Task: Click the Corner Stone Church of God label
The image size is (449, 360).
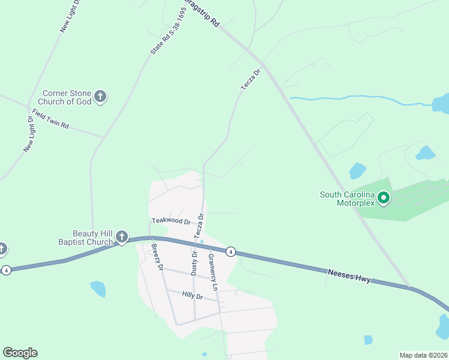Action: pyautogui.click(x=67, y=97)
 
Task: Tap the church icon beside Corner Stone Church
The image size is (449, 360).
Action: pyautogui.click(x=100, y=96)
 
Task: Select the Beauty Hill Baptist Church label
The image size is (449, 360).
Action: pyautogui.click(x=92, y=238)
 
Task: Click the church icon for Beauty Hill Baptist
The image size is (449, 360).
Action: pyautogui.click(x=122, y=237)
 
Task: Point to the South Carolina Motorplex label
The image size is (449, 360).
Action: pyautogui.click(x=348, y=199)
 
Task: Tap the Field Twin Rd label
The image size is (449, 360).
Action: pyautogui.click(x=51, y=119)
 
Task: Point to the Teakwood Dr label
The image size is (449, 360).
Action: pyautogui.click(x=171, y=221)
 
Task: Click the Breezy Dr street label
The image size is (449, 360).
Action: pyautogui.click(x=157, y=257)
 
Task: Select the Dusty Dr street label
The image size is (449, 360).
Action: pyautogui.click(x=194, y=263)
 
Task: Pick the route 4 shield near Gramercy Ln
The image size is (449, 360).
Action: pyautogui.click(x=231, y=251)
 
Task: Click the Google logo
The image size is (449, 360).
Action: pyautogui.click(x=20, y=353)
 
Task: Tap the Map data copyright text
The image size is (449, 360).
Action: pyautogui.click(x=423, y=355)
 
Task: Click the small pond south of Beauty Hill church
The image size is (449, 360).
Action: pyautogui.click(x=98, y=289)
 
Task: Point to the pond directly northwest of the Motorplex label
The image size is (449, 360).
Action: pyautogui.click(x=357, y=171)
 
